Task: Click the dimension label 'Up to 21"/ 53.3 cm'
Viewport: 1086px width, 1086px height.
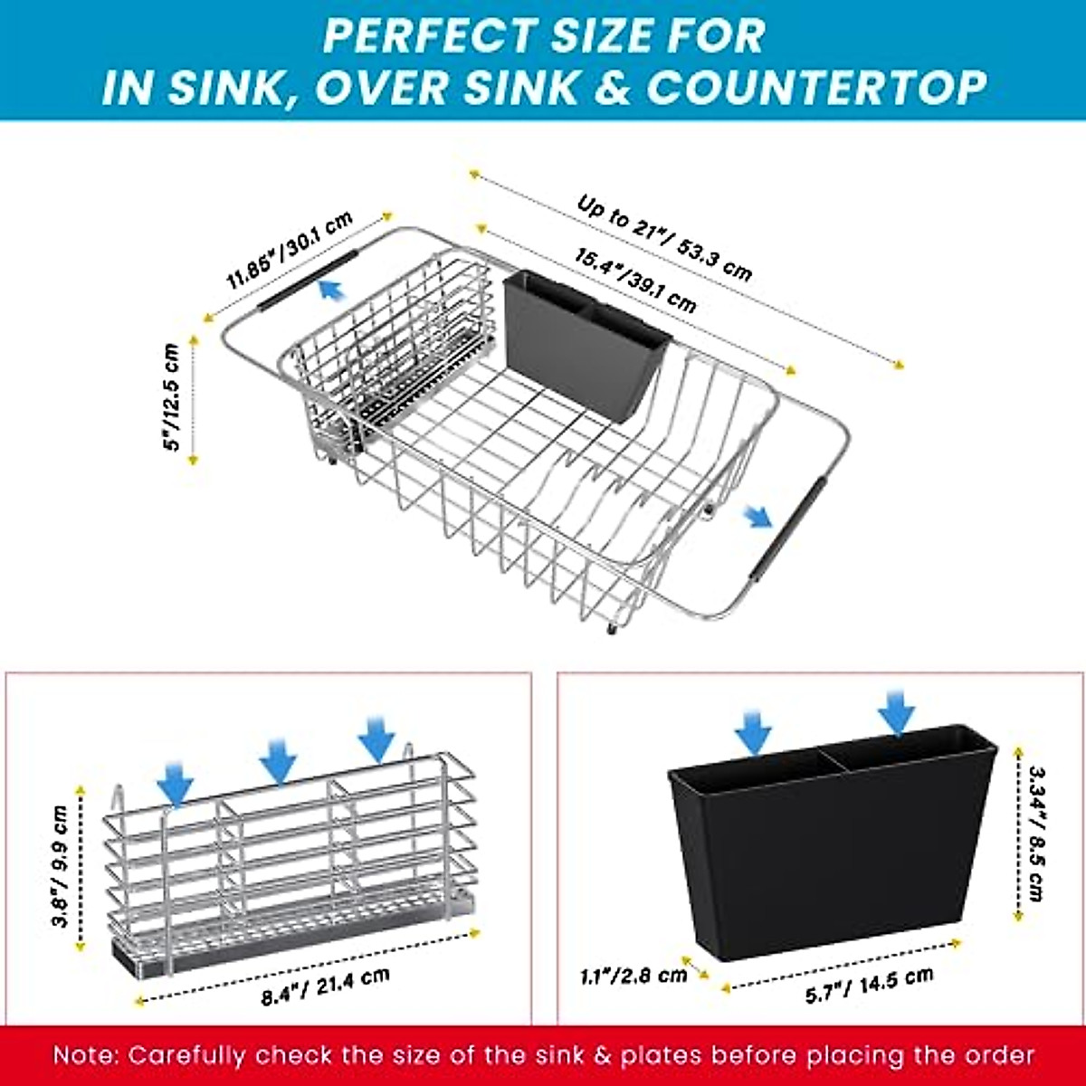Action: click(664, 240)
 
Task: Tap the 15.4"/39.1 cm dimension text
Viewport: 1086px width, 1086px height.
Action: click(635, 281)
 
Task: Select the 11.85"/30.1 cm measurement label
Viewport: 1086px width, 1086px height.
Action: click(289, 251)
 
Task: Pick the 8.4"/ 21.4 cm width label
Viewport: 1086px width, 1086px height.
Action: click(326, 986)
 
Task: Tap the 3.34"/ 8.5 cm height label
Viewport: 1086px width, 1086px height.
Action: click(1036, 833)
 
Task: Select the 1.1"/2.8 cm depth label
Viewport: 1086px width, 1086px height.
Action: click(633, 976)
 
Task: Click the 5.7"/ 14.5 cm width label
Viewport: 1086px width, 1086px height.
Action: click(869, 984)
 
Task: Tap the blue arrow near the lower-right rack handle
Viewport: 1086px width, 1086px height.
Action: click(757, 517)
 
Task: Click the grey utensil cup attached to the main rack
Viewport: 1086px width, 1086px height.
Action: click(585, 344)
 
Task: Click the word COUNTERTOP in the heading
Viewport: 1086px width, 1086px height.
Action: click(815, 88)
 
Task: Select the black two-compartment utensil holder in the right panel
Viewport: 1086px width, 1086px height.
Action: click(833, 842)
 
